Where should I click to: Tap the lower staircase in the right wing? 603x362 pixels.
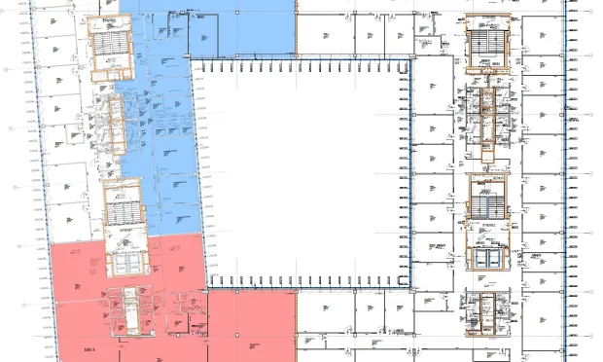[x=486, y=199]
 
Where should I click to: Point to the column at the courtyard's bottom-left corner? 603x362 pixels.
[x=208, y=289]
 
